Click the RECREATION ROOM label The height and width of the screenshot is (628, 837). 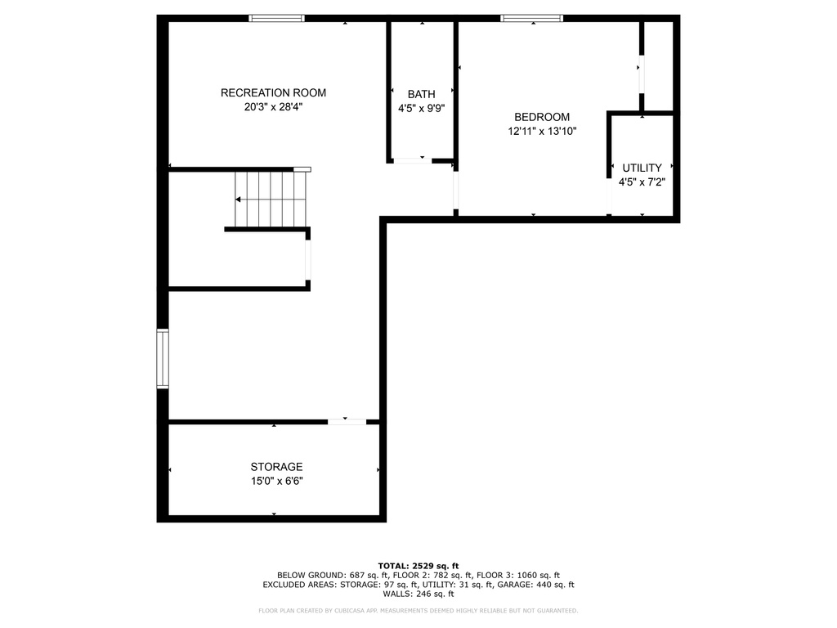[x=273, y=93]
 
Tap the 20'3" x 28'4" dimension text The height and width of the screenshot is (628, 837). [x=273, y=107]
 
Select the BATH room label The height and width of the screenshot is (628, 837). [x=422, y=95]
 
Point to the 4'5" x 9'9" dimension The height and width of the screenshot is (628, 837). [x=422, y=109]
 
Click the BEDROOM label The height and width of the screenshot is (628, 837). [x=542, y=117]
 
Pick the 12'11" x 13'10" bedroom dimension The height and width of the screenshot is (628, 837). [x=542, y=132]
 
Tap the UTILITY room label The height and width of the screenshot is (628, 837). [x=642, y=168]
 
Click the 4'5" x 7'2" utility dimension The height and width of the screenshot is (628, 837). [x=642, y=182]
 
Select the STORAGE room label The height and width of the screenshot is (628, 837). [x=276, y=467]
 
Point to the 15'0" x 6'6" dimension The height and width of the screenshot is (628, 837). [x=276, y=481]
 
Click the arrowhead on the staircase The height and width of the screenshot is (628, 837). [x=238, y=200]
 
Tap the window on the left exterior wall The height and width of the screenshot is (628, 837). [x=163, y=358]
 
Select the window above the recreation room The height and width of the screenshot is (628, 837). [x=276, y=18]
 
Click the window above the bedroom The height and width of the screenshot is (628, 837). [x=531, y=18]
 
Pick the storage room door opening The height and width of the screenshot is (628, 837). [x=347, y=422]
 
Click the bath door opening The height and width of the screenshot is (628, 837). [x=412, y=160]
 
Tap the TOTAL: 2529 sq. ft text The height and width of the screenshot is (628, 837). [x=418, y=566]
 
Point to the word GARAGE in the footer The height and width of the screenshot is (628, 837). [x=513, y=585]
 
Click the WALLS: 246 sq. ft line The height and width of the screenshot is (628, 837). [x=418, y=594]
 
